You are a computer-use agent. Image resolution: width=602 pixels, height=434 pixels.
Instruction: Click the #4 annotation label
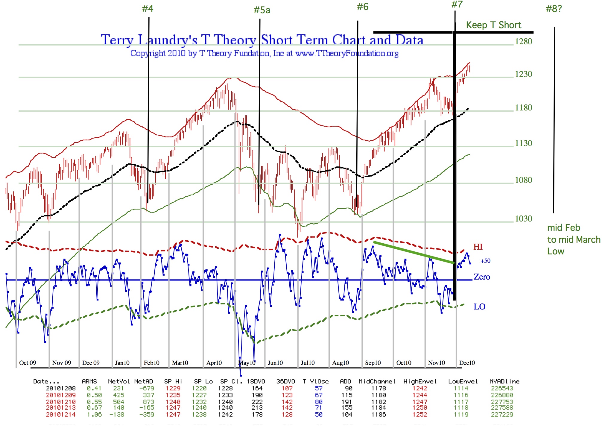148,9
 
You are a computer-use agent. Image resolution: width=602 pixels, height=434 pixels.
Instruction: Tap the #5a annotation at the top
262,10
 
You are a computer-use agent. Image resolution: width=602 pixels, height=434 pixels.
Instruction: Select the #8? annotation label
554,9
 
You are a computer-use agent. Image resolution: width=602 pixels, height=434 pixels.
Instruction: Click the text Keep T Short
493,25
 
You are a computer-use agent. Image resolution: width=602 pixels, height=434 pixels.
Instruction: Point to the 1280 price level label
523,41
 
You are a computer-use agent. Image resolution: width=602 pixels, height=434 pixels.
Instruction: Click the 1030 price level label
523,218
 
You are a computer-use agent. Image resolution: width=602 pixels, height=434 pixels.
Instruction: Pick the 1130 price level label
523,143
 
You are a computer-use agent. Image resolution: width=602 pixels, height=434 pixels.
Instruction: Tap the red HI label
478,247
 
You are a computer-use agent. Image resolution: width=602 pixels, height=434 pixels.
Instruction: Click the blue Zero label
482,277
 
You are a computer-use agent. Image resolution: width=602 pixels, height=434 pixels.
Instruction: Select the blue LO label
479,306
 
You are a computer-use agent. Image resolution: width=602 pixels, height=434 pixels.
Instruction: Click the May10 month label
247,363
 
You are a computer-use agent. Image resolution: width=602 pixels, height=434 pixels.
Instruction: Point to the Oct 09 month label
28,363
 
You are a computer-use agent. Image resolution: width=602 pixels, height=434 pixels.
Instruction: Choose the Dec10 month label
467,363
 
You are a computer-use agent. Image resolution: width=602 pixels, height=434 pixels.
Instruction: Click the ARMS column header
89,381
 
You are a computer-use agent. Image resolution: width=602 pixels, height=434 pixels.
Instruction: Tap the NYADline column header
504,381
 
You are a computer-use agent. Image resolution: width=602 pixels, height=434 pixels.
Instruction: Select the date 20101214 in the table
60,415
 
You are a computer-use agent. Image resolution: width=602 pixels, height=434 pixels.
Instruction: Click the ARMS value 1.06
94,415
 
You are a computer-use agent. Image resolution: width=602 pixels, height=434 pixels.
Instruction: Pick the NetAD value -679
147,388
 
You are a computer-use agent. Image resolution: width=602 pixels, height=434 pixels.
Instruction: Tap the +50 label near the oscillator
485,261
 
